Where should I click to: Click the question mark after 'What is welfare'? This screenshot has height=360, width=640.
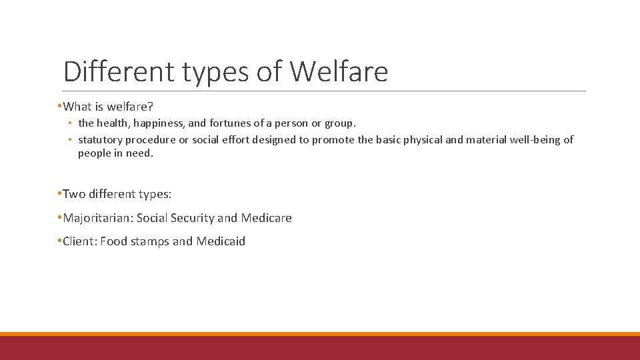pos(151,106)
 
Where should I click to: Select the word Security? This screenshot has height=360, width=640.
pos(192,218)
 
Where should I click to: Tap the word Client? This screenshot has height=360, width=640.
pos(79,241)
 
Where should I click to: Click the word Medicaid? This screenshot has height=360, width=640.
pos(221,241)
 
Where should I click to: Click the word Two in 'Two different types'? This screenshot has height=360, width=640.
pos(73,194)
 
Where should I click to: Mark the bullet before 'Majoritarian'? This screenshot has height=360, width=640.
pos(59,218)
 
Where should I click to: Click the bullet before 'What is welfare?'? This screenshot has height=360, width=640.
pos(59,106)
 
